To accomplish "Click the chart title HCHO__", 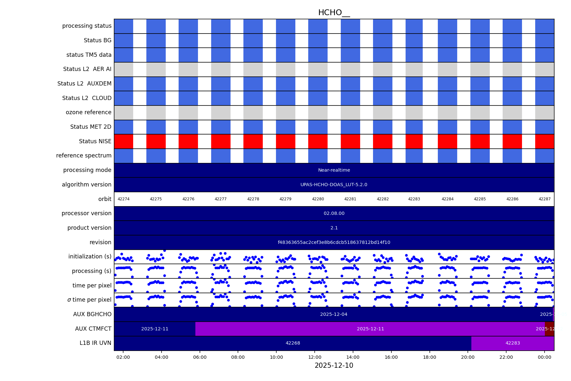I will coord(334,13).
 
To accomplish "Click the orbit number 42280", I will coord(318,199).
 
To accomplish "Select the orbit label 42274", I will coord(123,199).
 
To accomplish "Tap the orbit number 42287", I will coord(545,199).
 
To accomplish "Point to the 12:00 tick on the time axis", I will coord(315,357).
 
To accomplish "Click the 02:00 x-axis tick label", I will coord(123,357).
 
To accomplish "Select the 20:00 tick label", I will coord(468,357).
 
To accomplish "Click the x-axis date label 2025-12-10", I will coord(334,366).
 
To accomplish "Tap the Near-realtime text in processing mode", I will coord(334,170).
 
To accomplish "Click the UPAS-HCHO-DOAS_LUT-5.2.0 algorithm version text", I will coord(334,185).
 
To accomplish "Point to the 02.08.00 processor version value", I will coord(334,214).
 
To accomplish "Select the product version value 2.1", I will coord(334,228).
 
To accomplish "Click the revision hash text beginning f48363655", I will coord(334,242).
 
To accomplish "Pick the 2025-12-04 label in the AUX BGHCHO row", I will coord(334,314).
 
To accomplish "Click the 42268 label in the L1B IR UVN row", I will coord(293,343).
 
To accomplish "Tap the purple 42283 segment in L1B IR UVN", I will coord(513,343).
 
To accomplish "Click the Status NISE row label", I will coord(95,141).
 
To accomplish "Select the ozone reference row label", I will coord(88,112).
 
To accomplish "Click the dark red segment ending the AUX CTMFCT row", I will coord(549,329).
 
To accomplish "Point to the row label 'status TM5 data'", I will coord(89,55).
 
